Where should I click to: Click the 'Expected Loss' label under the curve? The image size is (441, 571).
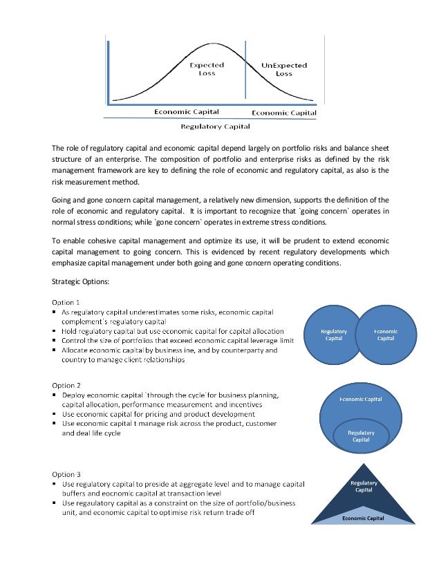click(x=207, y=69)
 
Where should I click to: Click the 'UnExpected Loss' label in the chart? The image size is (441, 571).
click(x=284, y=69)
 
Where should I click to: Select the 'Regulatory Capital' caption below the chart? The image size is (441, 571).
click(x=215, y=127)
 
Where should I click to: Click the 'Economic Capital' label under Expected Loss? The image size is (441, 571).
click(x=187, y=111)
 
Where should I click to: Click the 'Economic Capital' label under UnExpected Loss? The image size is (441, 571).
click(x=283, y=113)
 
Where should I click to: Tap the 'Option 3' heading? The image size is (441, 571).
click(x=67, y=474)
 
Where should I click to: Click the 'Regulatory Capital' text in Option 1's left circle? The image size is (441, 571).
click(x=334, y=335)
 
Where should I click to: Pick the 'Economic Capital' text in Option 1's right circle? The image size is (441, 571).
click(x=385, y=335)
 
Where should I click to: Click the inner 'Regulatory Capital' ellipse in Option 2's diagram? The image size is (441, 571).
click(x=361, y=436)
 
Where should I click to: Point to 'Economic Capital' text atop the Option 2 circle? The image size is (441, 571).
click(x=360, y=399)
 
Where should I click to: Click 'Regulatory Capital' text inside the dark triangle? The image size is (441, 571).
click(x=364, y=486)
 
